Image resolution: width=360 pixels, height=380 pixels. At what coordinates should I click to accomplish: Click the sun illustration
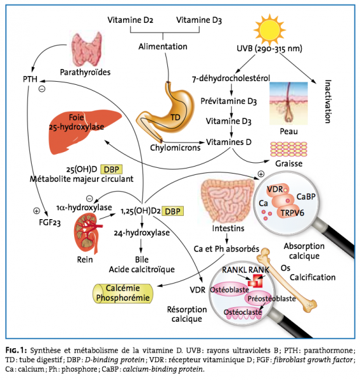coord(269,30)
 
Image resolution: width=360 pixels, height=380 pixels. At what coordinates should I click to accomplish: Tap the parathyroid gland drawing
coord(87,49)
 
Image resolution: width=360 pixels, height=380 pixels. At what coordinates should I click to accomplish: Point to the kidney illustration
coord(88,233)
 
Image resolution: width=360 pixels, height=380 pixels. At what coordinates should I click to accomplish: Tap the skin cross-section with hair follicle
coord(288,103)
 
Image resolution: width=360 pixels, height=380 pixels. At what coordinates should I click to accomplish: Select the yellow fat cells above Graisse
coord(288,149)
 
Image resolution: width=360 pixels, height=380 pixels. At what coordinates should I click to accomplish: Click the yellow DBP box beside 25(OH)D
coord(112,169)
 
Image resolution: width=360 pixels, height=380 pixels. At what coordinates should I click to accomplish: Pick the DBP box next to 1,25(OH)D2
coord(172,211)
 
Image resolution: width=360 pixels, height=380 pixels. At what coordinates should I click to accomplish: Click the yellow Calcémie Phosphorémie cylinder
coord(123,293)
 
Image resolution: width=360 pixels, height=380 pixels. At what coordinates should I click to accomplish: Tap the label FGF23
coord(49,222)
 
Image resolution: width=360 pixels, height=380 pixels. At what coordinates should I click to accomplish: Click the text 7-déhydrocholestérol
coord(231,79)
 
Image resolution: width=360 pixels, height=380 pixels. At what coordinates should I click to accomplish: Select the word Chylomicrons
coord(175,148)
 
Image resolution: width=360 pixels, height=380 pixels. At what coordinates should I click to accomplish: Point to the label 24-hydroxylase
coord(142,232)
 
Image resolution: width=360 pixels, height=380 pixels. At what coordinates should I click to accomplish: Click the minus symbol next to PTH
coord(42,89)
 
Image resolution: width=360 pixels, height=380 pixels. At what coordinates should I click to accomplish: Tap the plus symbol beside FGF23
coord(36,211)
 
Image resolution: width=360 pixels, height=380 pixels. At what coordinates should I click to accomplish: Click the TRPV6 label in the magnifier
coord(292,213)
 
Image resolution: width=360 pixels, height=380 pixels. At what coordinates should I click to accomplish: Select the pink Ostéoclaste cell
coord(243,312)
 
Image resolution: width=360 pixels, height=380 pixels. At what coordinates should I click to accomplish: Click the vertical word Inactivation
coord(328,101)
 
